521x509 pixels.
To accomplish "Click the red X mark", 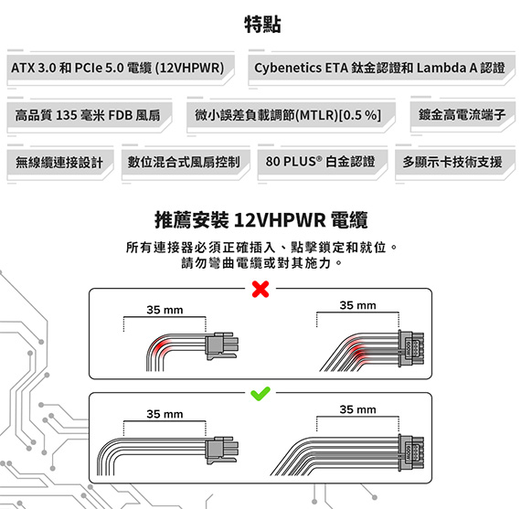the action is click(x=260, y=289).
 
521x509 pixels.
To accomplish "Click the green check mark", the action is click(x=260, y=394).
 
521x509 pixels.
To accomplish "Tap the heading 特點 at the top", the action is click(x=263, y=25).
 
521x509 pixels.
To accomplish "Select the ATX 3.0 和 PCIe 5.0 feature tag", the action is click(x=121, y=69).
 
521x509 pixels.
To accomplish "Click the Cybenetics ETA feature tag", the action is click(x=381, y=69).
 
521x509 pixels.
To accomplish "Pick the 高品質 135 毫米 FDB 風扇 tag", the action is click(x=90, y=115).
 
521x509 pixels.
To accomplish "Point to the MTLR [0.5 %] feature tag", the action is click(x=291, y=115).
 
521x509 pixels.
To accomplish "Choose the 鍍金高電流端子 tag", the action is click(x=463, y=114).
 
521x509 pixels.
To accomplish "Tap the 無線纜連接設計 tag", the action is click(x=60, y=163).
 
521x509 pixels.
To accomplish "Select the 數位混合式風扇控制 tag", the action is click(x=186, y=163).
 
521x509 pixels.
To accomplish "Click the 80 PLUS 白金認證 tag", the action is click(x=323, y=163).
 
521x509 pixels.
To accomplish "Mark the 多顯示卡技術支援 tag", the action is click(x=455, y=163).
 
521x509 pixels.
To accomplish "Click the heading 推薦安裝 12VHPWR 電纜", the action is click(x=261, y=220).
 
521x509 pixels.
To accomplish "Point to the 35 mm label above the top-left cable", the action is click(x=165, y=310).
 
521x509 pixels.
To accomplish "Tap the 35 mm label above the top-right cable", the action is click(x=358, y=305).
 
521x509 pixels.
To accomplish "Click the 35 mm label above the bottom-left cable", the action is click(x=165, y=414).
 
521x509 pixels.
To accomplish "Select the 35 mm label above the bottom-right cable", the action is click(x=358, y=409).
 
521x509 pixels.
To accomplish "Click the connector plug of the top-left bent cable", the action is click(x=221, y=345).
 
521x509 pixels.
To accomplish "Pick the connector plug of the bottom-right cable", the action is click(x=411, y=452).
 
